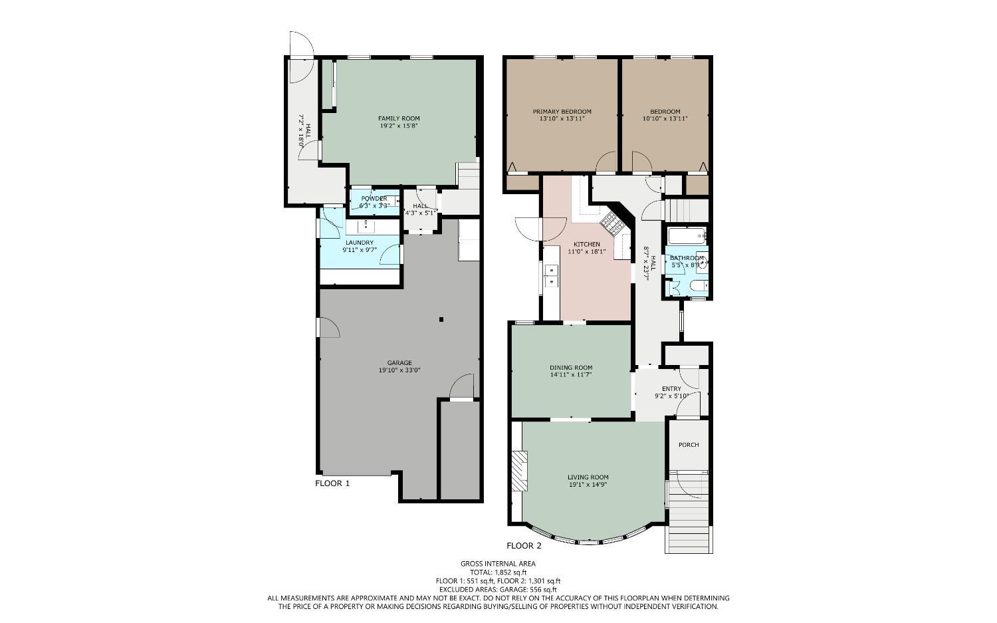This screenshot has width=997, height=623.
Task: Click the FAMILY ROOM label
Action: pyautogui.click(x=399, y=118)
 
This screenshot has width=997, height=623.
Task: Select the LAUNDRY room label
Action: pyautogui.click(x=359, y=243)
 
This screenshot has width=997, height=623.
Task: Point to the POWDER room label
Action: pyautogui.click(x=374, y=199)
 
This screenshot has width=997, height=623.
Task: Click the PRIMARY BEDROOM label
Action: pyautogui.click(x=562, y=112)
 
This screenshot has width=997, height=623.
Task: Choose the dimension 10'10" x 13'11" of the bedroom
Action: pyautogui.click(x=665, y=119)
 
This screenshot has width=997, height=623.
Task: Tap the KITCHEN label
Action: pyautogui.click(x=584, y=245)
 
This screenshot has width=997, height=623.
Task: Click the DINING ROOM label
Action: pyautogui.click(x=570, y=368)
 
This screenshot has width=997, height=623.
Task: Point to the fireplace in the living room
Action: pyautogui.click(x=518, y=471)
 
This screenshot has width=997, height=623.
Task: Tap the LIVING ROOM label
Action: pyautogui.click(x=588, y=477)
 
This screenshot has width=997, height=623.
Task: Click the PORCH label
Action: pyautogui.click(x=689, y=445)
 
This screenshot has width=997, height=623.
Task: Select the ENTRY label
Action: pyautogui.click(x=671, y=389)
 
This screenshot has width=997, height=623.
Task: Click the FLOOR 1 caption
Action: pyautogui.click(x=332, y=483)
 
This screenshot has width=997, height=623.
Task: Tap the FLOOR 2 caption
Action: pyautogui.click(x=524, y=546)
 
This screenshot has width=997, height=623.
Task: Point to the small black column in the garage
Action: pyautogui.click(x=441, y=320)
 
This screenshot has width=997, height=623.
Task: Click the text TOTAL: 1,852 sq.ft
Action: pyautogui.click(x=498, y=572)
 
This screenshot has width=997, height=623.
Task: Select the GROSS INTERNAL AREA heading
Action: pyautogui.click(x=498, y=564)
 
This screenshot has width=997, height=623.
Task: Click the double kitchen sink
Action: pyautogui.click(x=551, y=275)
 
